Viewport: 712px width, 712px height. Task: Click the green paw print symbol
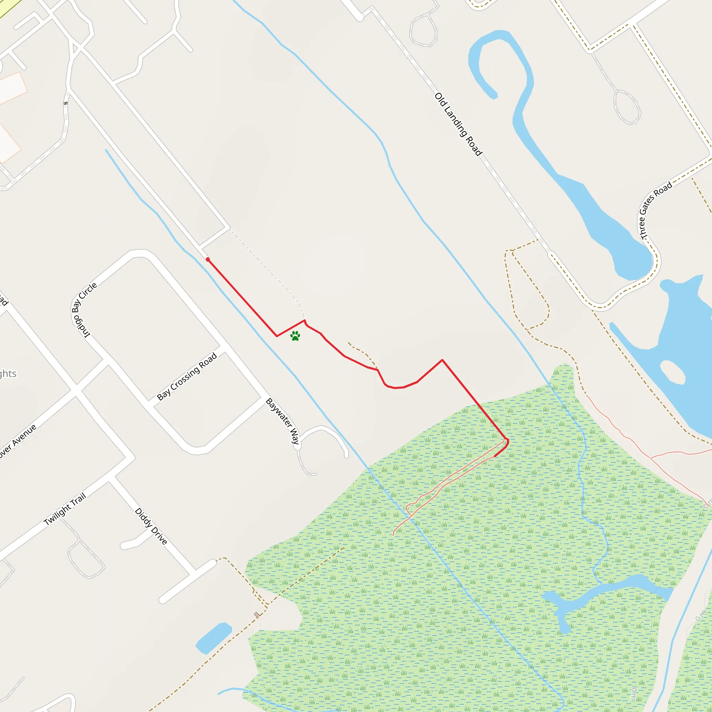coord(295,336)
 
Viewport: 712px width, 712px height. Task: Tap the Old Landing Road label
coord(458,124)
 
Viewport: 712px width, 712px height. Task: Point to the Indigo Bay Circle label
coord(84,310)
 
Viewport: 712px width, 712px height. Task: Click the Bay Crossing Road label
coord(187,376)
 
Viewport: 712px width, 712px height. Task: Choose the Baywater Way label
coord(283,421)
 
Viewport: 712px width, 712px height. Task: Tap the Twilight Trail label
coord(65,509)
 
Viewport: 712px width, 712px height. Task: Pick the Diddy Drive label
coord(151,526)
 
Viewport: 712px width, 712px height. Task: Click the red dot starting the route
coord(208,259)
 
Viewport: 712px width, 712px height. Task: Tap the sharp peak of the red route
coord(442,360)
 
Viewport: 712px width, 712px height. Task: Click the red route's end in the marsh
coord(495,456)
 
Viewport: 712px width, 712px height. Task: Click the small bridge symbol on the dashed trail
coord(258,614)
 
